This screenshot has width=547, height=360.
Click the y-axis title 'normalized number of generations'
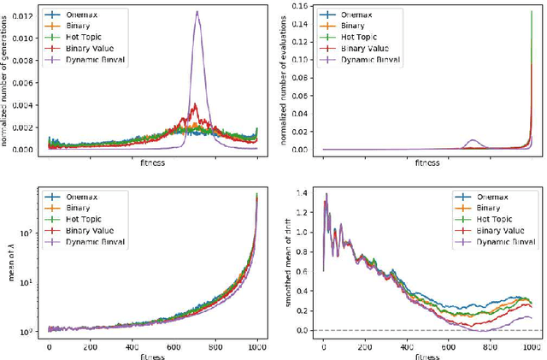pos(6,82)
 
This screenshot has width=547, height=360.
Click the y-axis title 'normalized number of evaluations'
pos(284,82)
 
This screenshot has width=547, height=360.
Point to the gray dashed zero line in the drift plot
pos(385,330)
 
